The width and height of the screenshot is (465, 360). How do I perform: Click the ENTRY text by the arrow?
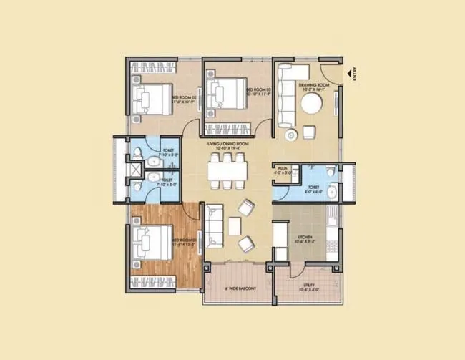pos(354,74)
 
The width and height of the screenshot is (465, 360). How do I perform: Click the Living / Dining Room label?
pos(228,145)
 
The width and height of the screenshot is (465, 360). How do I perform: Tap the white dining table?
pos(228,171)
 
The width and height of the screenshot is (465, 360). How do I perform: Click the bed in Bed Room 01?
pos(152,241)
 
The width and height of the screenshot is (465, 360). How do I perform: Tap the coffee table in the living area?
pos(234,225)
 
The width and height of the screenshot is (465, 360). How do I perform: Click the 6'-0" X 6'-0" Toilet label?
pos(313,189)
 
